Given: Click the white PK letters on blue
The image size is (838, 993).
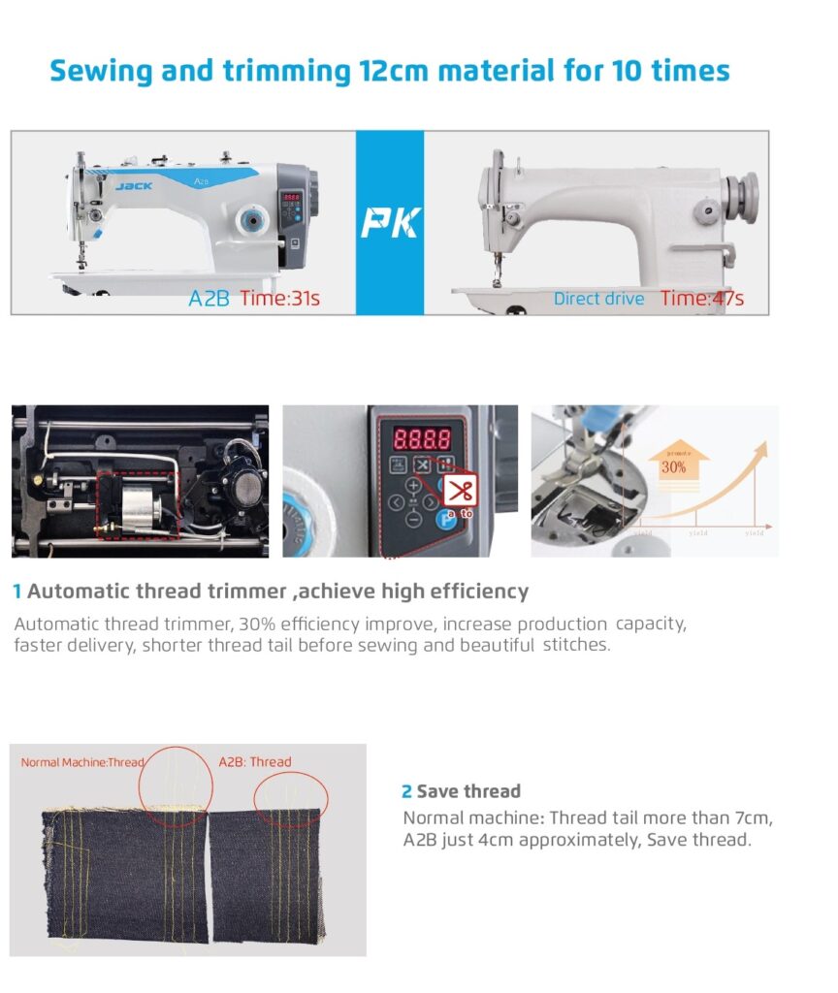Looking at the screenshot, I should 390,224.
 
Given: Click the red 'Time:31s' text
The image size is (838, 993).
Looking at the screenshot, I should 279,299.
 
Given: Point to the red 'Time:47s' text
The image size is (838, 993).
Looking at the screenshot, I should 702,299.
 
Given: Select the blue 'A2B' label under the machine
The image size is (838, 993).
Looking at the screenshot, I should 209,299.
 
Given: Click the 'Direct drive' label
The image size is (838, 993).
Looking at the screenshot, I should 598,299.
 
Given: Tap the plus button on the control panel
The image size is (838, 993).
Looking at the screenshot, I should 414,485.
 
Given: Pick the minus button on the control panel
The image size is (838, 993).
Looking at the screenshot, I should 414,519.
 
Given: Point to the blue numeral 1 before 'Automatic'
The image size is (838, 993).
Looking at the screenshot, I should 17,592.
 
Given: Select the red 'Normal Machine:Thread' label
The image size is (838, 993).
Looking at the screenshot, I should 81,762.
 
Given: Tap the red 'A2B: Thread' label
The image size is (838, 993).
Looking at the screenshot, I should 254,762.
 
